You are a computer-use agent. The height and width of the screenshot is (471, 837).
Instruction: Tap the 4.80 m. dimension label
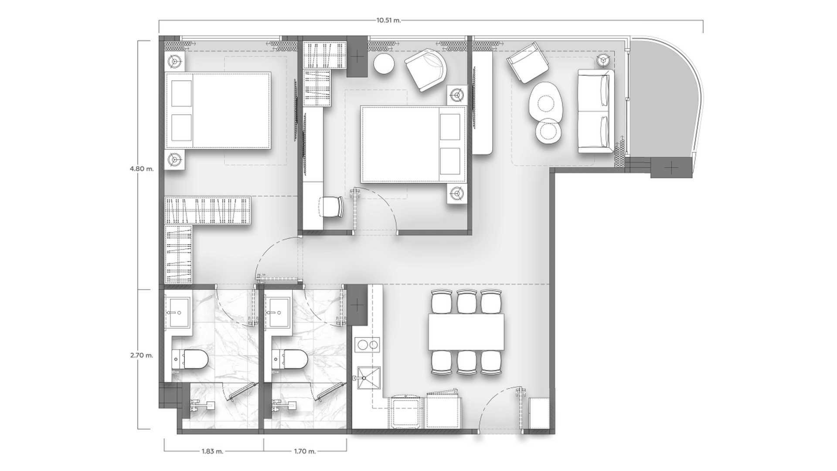(142, 169)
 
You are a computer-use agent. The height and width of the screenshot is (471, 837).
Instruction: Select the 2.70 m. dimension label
(142, 355)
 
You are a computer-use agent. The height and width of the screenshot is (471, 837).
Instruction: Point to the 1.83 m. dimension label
(213, 451)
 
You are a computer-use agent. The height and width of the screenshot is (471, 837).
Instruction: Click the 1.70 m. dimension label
(304, 451)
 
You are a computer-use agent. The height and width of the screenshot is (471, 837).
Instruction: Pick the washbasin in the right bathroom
(278, 312)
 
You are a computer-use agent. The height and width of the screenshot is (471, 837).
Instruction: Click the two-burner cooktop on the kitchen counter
(367, 346)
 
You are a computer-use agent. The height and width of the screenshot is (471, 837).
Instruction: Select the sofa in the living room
(595, 111)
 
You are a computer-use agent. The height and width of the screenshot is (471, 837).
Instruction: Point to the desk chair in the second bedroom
(332, 206)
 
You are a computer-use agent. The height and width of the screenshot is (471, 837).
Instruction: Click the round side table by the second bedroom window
(384, 65)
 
